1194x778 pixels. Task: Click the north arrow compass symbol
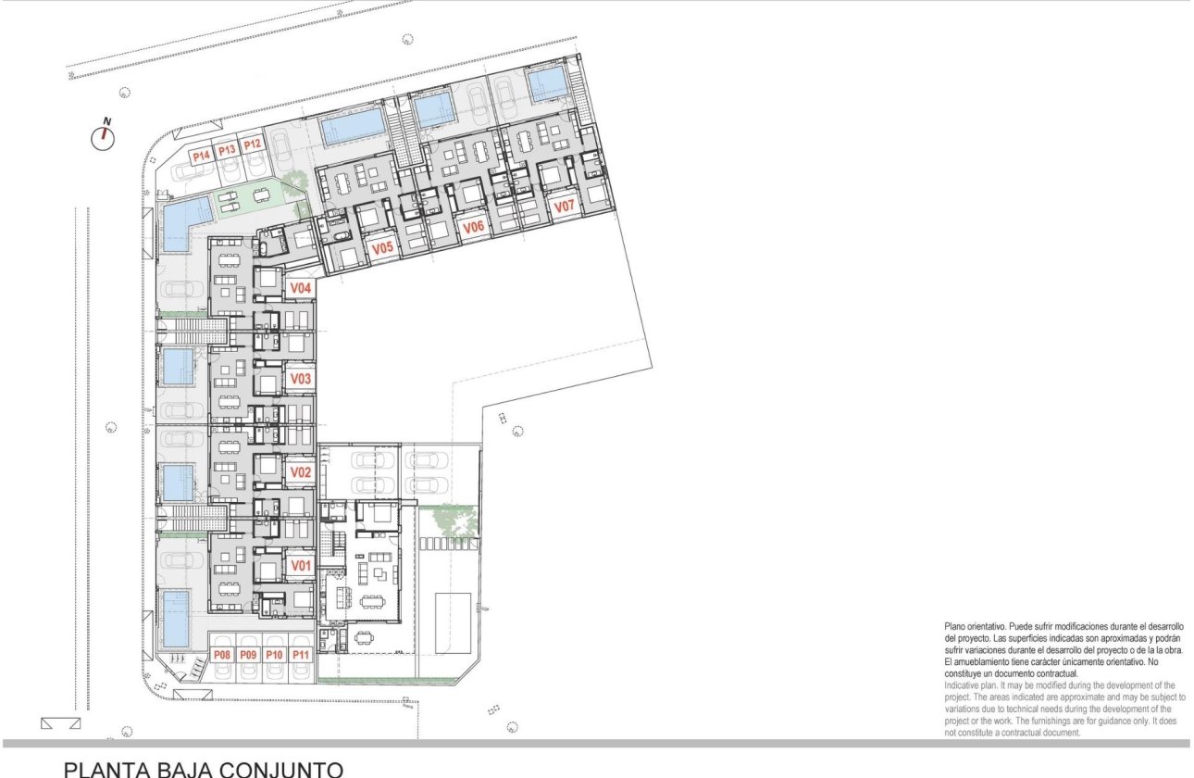(x=104, y=137)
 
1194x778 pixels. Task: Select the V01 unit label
(x=300, y=565)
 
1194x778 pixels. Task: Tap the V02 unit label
(x=300, y=472)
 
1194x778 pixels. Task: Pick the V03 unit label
(x=300, y=379)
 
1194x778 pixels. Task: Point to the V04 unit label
(x=300, y=288)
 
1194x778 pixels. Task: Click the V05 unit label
(x=382, y=248)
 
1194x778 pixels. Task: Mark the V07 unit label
(x=564, y=206)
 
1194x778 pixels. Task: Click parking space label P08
(x=222, y=655)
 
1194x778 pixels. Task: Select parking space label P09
(x=248, y=655)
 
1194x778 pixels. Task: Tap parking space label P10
(x=274, y=655)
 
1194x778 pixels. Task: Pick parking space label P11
(x=300, y=655)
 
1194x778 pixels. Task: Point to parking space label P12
(x=253, y=144)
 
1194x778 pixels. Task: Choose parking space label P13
(x=227, y=150)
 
